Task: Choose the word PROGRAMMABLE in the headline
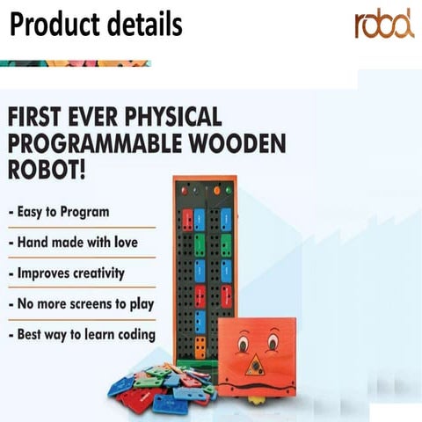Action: (x=87, y=142)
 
